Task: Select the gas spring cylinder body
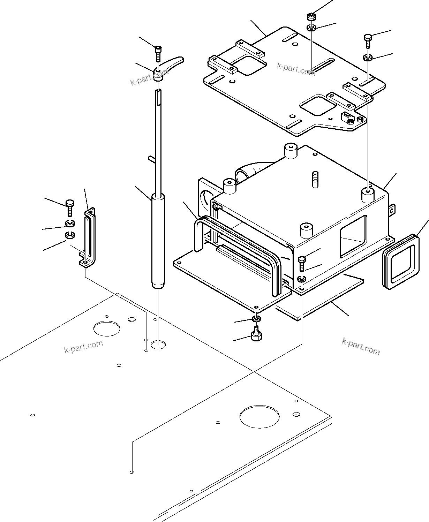158,241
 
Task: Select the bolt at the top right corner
368,40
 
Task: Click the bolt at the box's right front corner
302,263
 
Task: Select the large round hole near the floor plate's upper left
106,328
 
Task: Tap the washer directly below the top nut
311,28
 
